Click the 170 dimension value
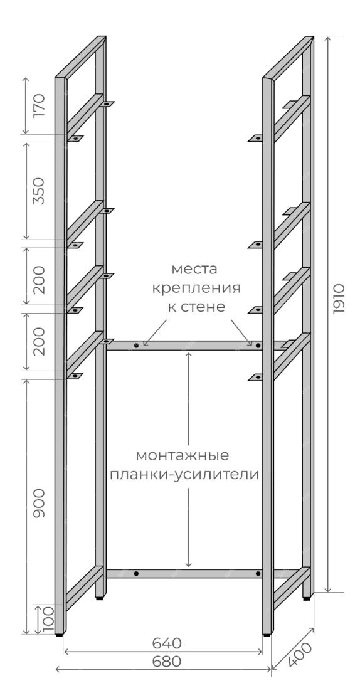(x=40, y=105)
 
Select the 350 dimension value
(x=40, y=191)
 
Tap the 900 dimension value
(x=40, y=502)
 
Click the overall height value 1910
(x=339, y=299)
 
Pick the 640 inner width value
(x=167, y=643)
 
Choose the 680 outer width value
(x=167, y=662)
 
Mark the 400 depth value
(x=299, y=655)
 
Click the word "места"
(x=195, y=270)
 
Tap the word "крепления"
(x=196, y=288)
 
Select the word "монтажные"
(x=183, y=456)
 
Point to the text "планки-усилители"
(x=184, y=475)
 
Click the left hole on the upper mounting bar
(x=136, y=346)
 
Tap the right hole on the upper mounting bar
(x=258, y=346)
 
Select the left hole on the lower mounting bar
(x=136, y=574)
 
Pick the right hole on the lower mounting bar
(x=258, y=574)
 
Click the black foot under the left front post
(x=60, y=636)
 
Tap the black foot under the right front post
(x=266, y=636)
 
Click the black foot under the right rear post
(x=307, y=599)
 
